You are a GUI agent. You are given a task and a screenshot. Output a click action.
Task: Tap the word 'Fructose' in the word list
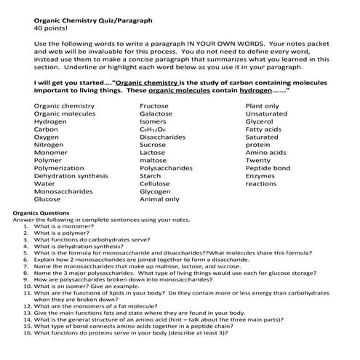[154, 106]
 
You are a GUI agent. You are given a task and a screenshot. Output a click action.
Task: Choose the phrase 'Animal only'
[159, 199]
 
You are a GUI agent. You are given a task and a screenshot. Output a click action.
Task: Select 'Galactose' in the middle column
[156, 114]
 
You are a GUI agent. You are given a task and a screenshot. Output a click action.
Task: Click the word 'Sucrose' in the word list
[153, 145]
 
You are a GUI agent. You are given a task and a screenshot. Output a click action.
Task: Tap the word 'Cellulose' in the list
[155, 183]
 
